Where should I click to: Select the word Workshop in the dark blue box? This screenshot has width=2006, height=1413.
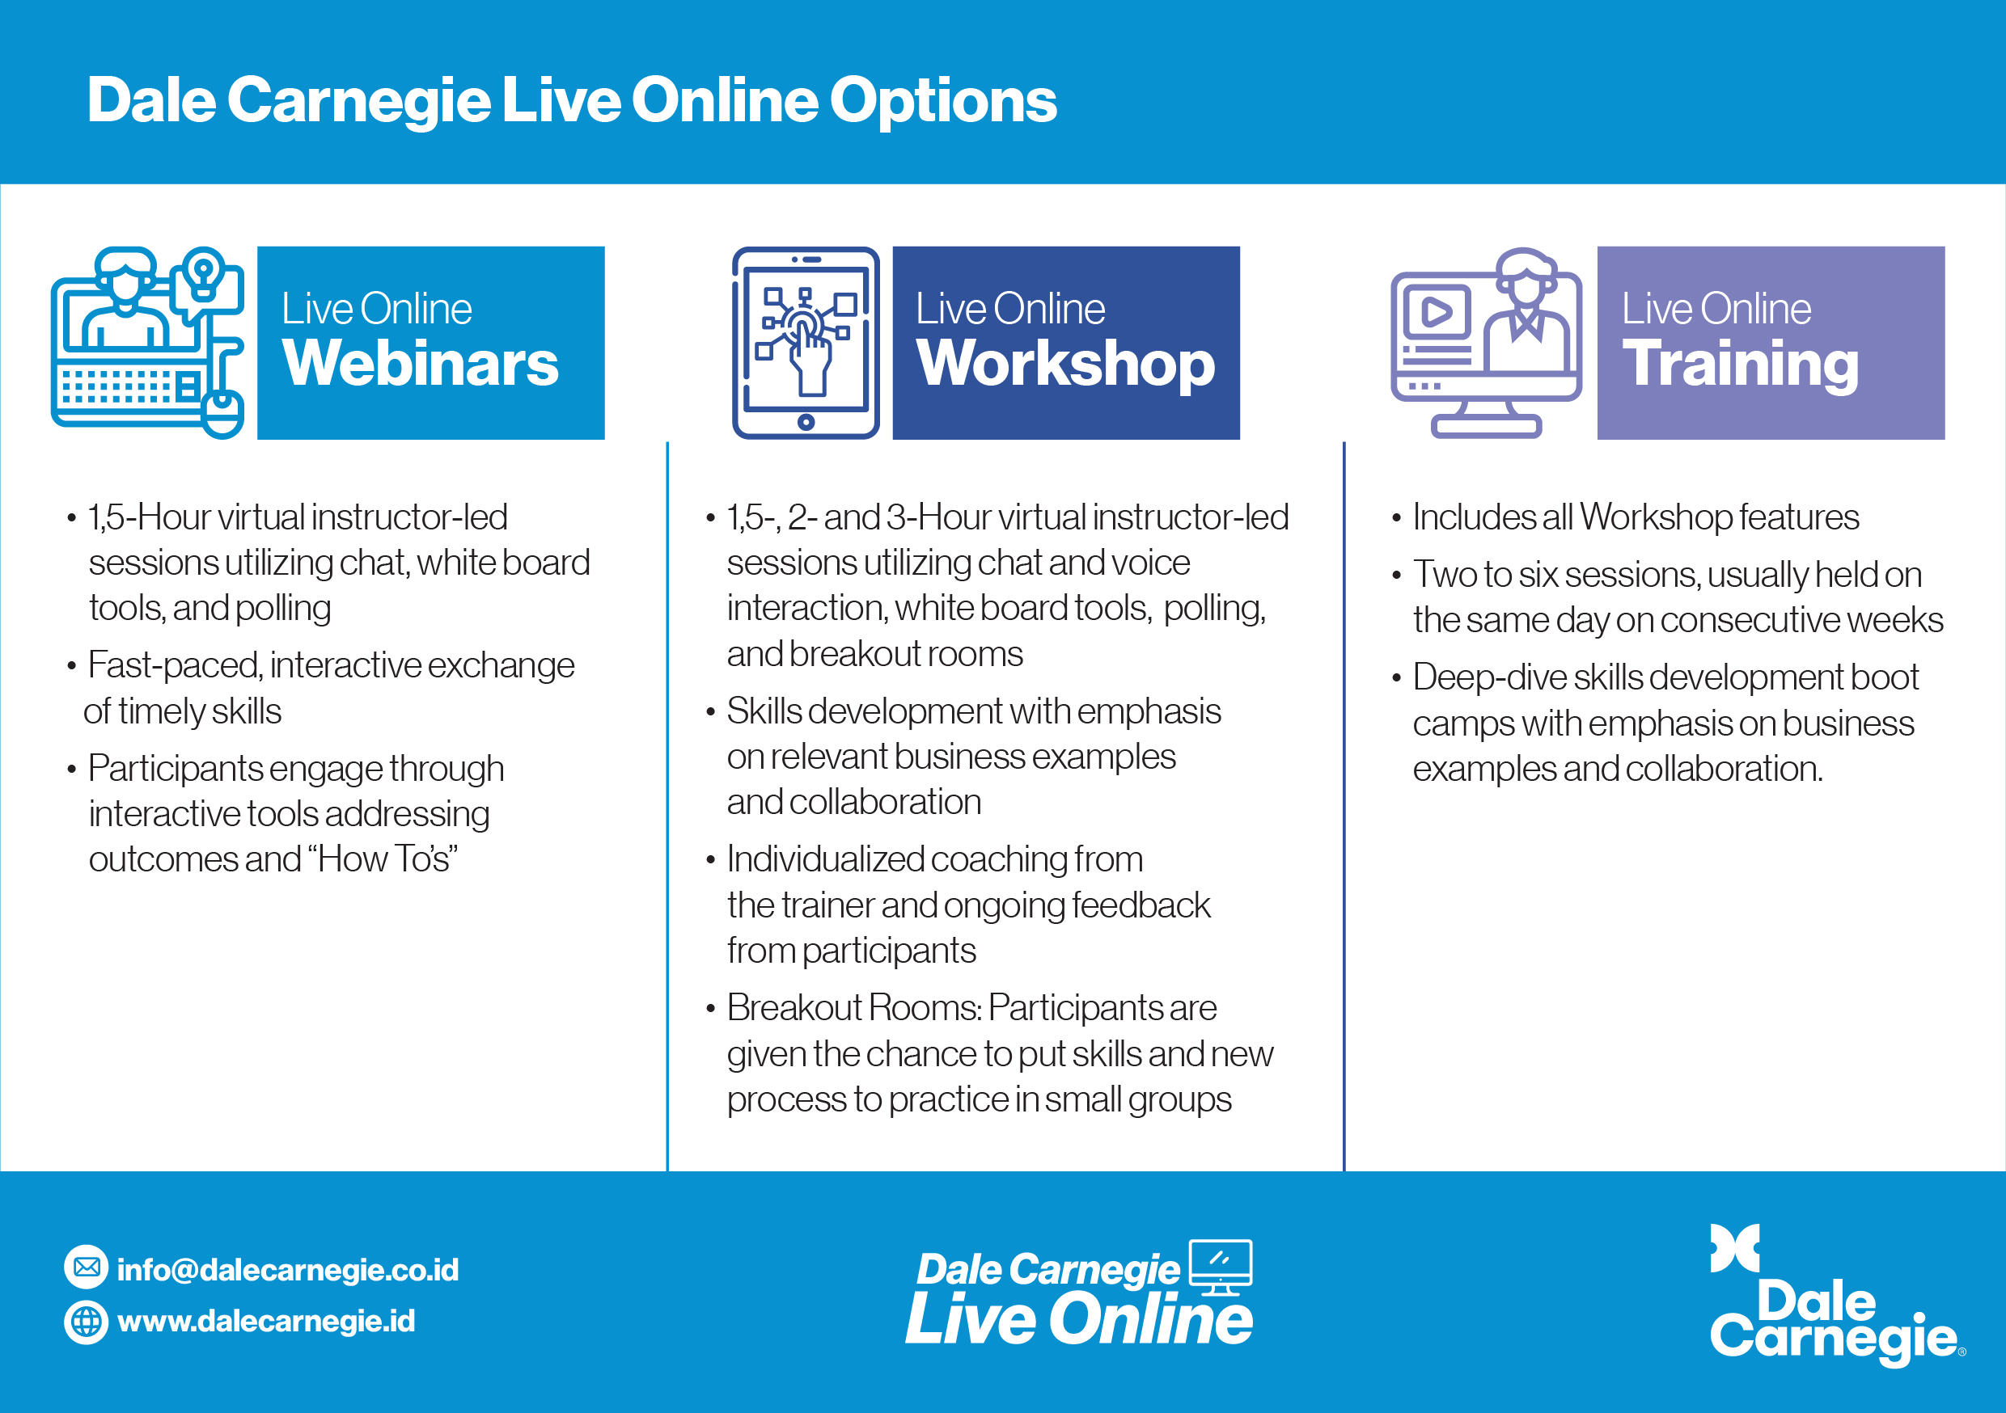(1065, 365)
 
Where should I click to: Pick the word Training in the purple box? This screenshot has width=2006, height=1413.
(1741, 365)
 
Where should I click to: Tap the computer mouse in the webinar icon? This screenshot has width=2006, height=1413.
(222, 415)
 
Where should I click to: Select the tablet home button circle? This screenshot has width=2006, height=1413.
(806, 423)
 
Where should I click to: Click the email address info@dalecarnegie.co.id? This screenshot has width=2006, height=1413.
(287, 1270)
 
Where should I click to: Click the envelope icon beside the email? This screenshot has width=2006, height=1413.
(87, 1267)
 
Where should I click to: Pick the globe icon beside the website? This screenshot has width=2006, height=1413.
(87, 1322)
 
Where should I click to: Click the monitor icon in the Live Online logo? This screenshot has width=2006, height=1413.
(1221, 1267)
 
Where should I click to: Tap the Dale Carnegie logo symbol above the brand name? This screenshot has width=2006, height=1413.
(1734, 1249)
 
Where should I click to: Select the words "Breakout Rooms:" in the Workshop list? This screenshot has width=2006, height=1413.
(854, 1008)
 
